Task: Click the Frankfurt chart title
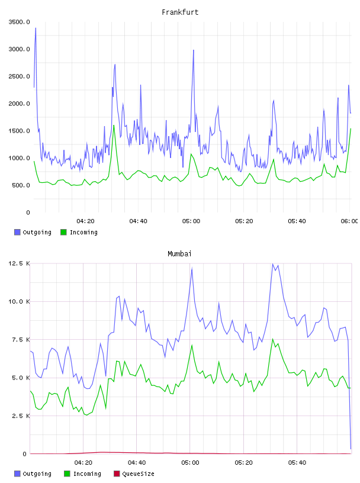point(180,12)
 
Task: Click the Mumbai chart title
point(179,254)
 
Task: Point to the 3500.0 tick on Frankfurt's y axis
point(19,22)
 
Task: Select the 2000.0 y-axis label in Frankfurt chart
point(19,104)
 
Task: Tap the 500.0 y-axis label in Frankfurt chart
point(21,185)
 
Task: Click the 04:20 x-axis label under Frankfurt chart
point(85,221)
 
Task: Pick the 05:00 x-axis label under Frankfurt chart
point(191,221)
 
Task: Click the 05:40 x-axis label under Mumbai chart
point(297,462)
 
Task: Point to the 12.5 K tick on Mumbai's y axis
point(19,263)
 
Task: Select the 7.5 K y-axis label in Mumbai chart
point(21,339)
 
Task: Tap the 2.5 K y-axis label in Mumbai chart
point(21,416)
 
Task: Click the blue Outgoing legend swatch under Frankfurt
point(17,232)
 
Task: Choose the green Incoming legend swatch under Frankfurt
point(63,232)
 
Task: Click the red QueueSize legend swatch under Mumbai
point(117,474)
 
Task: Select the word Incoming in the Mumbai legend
point(87,474)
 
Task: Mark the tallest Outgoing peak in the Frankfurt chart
point(36,28)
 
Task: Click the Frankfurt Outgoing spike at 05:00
point(193,50)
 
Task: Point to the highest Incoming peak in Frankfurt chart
point(114,125)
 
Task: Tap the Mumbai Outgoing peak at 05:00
point(192,269)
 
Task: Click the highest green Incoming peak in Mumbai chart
point(272,339)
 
